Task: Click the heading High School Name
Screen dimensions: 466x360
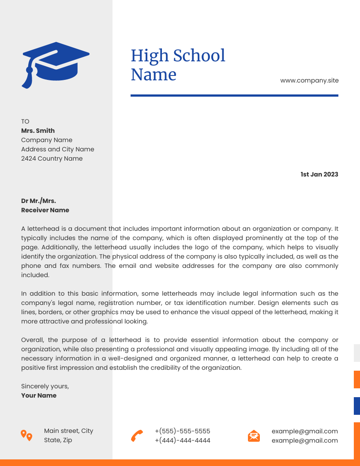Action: click(x=178, y=65)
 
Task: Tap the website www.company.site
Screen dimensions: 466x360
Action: click(x=309, y=80)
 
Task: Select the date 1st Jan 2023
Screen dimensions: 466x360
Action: click(x=319, y=174)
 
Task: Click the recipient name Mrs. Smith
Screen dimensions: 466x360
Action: click(x=38, y=131)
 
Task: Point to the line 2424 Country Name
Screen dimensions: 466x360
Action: click(x=52, y=158)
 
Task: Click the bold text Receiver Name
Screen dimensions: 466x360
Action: click(x=45, y=210)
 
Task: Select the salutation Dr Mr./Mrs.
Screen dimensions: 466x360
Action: click(x=38, y=201)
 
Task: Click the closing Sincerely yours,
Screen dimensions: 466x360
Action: click(x=45, y=386)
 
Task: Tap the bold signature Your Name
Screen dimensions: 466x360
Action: click(x=39, y=395)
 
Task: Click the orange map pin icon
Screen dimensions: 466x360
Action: click(x=26, y=435)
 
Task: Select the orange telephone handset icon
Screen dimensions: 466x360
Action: click(x=137, y=436)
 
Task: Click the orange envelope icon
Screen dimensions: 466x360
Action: click(x=254, y=436)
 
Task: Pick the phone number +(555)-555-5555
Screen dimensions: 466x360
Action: click(x=182, y=431)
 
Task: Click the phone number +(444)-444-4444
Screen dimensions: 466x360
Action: click(x=182, y=440)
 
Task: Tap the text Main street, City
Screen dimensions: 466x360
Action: click(x=68, y=431)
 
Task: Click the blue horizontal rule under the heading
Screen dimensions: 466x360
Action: click(x=234, y=95)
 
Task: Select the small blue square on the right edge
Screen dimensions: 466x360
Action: click(x=356, y=406)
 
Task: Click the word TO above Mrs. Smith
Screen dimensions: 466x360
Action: click(x=25, y=121)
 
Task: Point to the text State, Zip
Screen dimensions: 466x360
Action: click(x=58, y=440)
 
